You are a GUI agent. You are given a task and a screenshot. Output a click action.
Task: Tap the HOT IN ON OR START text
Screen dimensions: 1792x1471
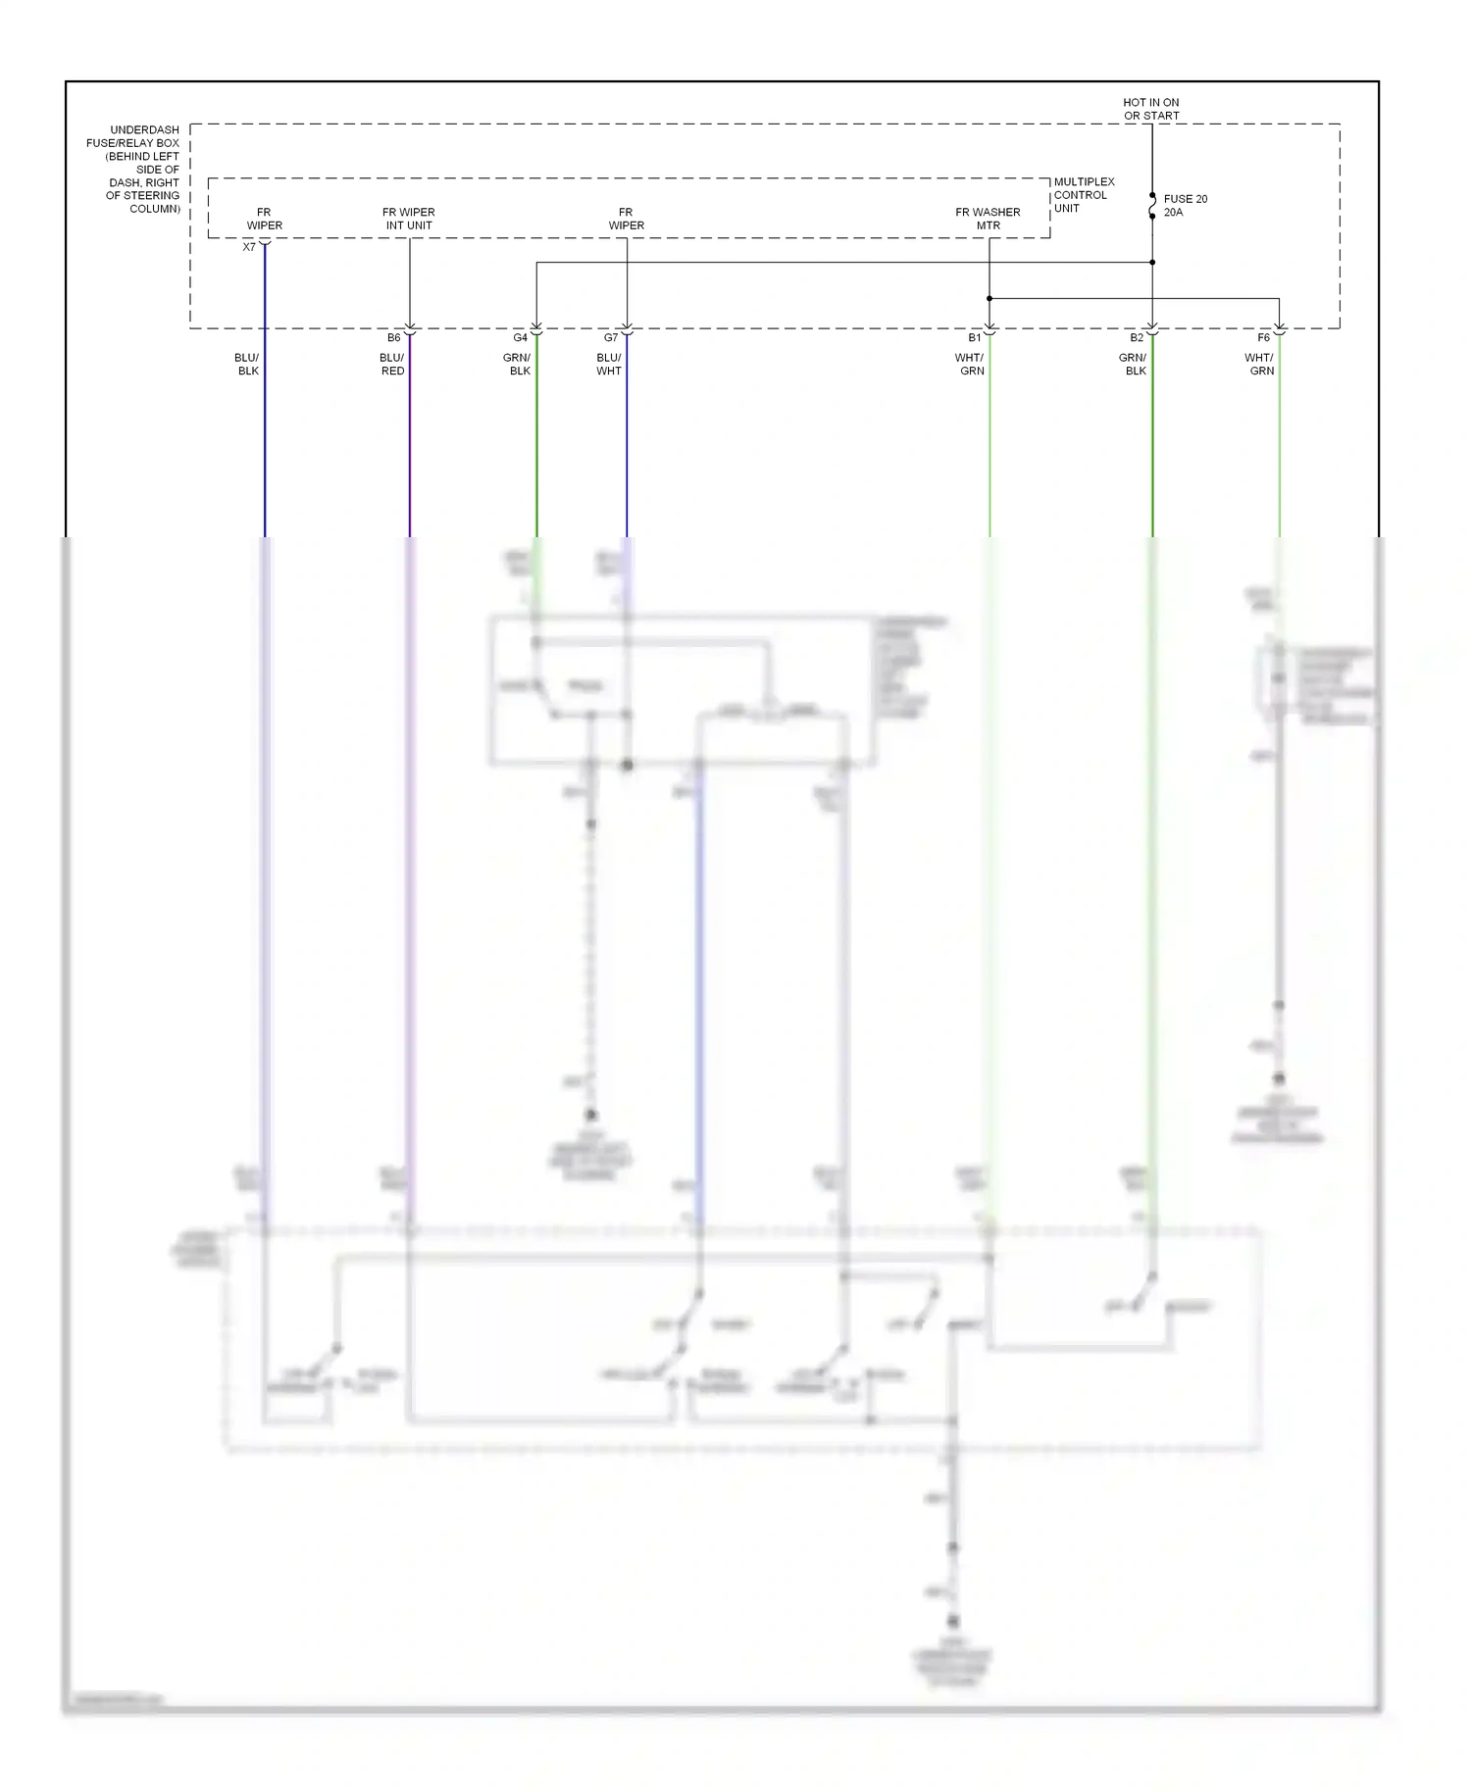click(x=1151, y=109)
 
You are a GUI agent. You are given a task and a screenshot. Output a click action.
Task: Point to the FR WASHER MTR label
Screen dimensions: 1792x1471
click(x=988, y=219)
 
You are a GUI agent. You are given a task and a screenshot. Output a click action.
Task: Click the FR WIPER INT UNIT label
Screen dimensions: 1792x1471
click(x=409, y=219)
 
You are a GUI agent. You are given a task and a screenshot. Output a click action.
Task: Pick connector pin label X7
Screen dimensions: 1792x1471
click(x=249, y=247)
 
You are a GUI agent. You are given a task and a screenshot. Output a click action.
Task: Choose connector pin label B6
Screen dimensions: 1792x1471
click(x=393, y=338)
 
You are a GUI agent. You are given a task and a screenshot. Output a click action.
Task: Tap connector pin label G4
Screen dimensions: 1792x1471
click(x=520, y=338)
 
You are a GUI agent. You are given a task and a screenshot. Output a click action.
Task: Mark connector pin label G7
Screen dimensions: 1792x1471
click(x=611, y=338)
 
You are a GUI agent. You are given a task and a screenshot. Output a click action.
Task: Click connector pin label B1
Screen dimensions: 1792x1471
click(x=974, y=338)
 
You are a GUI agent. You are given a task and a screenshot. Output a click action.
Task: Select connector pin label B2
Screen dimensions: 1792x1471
click(x=1137, y=338)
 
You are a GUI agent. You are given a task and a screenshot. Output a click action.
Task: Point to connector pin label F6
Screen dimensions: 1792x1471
click(x=1263, y=338)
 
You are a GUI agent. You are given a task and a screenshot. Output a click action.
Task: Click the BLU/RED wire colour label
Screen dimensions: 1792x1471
click(x=392, y=365)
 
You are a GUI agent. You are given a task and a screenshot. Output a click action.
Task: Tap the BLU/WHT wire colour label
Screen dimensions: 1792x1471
click(x=609, y=365)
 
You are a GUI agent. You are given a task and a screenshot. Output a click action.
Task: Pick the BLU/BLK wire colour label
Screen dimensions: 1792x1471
click(x=247, y=365)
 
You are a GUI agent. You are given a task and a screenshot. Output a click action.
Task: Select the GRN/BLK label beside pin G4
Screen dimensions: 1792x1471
click(x=517, y=365)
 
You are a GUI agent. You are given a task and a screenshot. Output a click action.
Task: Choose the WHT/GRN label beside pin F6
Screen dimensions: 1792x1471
click(x=1260, y=365)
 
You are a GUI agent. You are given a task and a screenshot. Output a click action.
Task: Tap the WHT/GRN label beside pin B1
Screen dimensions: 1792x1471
click(x=971, y=365)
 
